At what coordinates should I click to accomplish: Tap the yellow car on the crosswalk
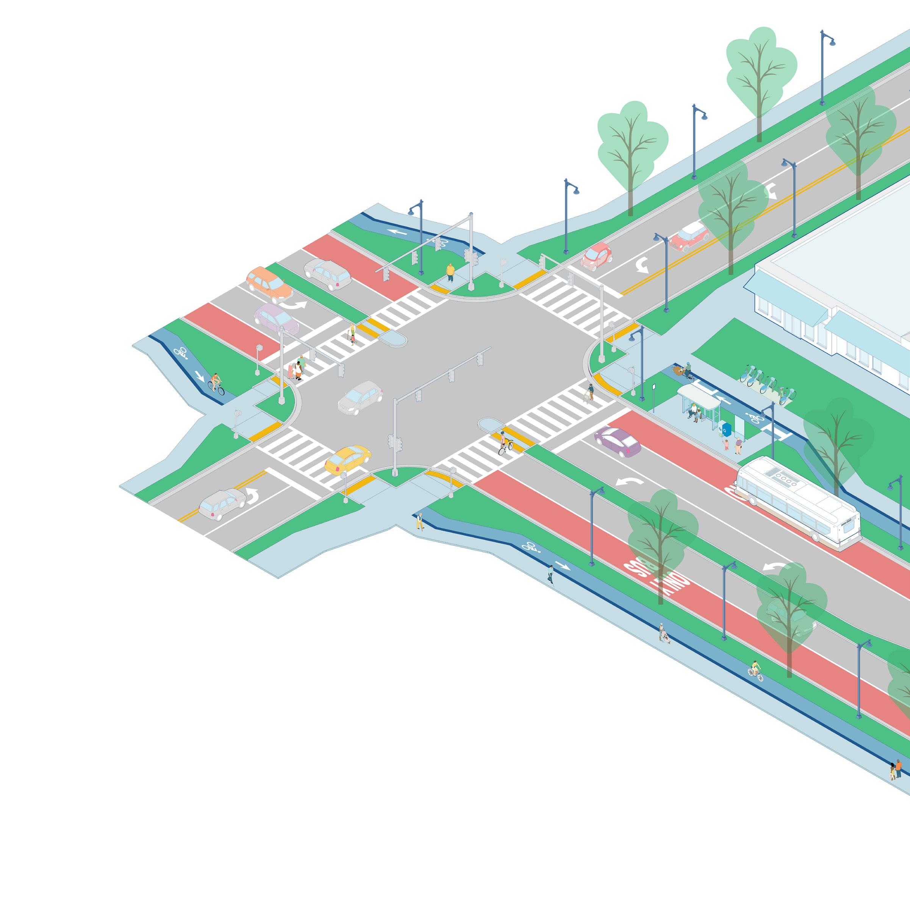pyautogui.click(x=348, y=459)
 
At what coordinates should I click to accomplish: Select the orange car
pyautogui.click(x=269, y=285)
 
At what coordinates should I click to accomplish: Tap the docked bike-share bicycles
pyautogui.click(x=765, y=382)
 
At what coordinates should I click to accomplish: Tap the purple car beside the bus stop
pyautogui.click(x=617, y=442)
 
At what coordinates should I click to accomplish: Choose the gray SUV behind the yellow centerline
pyautogui.click(x=221, y=504)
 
